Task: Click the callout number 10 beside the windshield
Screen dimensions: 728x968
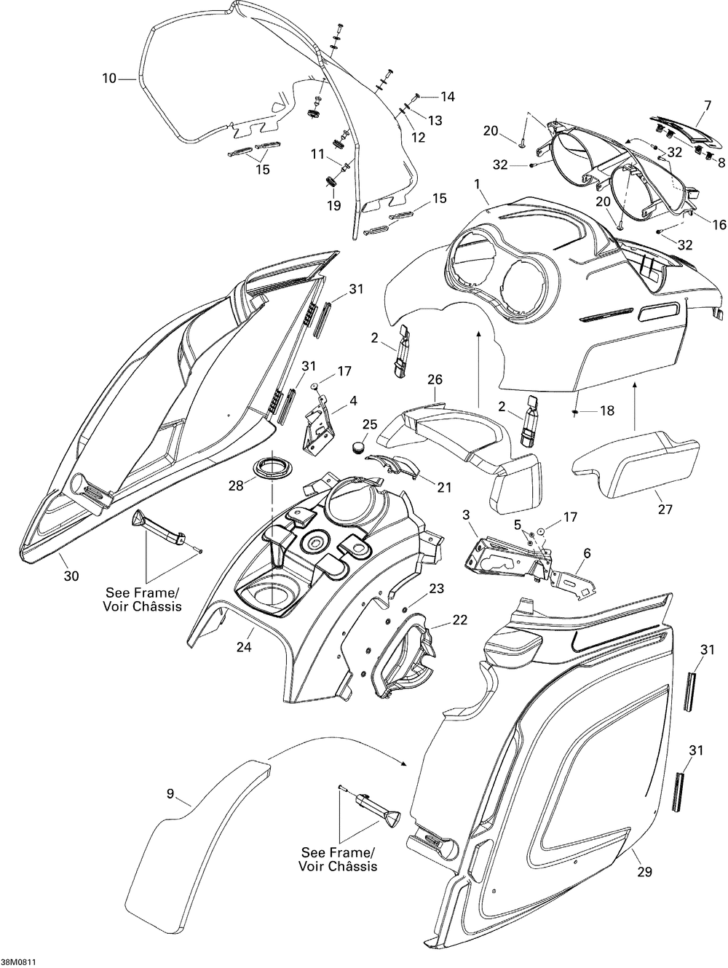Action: coord(109,79)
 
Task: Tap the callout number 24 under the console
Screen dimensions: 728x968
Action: coord(244,646)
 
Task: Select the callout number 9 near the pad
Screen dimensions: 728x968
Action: coord(170,794)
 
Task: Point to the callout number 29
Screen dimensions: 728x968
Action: coord(644,871)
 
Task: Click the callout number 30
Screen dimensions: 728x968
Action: coord(71,576)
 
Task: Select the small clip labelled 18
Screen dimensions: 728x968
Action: coord(575,412)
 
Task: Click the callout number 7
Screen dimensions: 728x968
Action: coord(708,106)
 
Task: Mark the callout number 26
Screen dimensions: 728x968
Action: coord(435,379)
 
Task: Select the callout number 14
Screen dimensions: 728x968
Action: coord(448,97)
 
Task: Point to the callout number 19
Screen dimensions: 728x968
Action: coord(334,205)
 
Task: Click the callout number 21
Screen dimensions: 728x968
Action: coord(445,487)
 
